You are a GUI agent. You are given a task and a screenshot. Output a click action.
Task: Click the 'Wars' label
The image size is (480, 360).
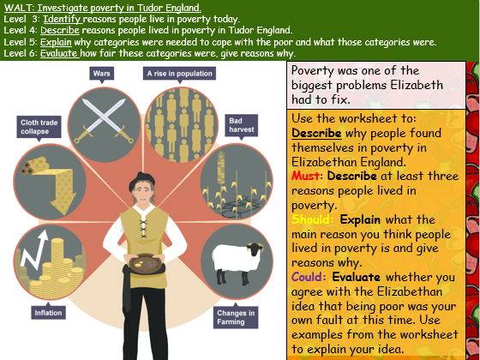click(102, 74)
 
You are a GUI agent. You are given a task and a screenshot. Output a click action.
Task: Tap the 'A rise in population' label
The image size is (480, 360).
click(179, 74)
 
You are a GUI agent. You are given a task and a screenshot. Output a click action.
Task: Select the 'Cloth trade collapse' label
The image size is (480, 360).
click(39, 127)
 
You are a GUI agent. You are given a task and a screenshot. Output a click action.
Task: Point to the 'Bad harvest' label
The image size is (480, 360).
click(241, 125)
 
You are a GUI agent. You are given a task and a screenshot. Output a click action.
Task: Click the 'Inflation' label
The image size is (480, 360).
click(48, 313)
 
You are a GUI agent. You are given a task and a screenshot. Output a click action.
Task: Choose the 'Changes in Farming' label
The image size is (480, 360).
click(236, 317)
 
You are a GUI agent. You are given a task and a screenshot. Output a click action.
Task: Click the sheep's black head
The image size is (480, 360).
click(255, 249)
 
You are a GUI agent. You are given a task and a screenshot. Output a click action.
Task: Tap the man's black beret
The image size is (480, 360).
click(141, 180)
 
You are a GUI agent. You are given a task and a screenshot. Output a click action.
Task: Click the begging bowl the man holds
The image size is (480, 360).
click(147, 262)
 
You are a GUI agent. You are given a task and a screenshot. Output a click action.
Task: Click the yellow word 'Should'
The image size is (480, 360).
click(313, 219)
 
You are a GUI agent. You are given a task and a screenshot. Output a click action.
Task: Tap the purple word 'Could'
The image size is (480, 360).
click(309, 277)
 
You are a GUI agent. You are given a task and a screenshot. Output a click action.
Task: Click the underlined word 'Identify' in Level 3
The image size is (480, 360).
click(63, 19)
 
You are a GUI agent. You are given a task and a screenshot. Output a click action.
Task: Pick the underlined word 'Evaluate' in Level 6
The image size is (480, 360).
click(60, 53)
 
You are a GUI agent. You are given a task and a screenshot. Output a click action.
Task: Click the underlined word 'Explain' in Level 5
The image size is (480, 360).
click(56, 42)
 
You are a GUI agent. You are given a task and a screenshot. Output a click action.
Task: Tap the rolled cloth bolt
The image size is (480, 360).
click(34, 165)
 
